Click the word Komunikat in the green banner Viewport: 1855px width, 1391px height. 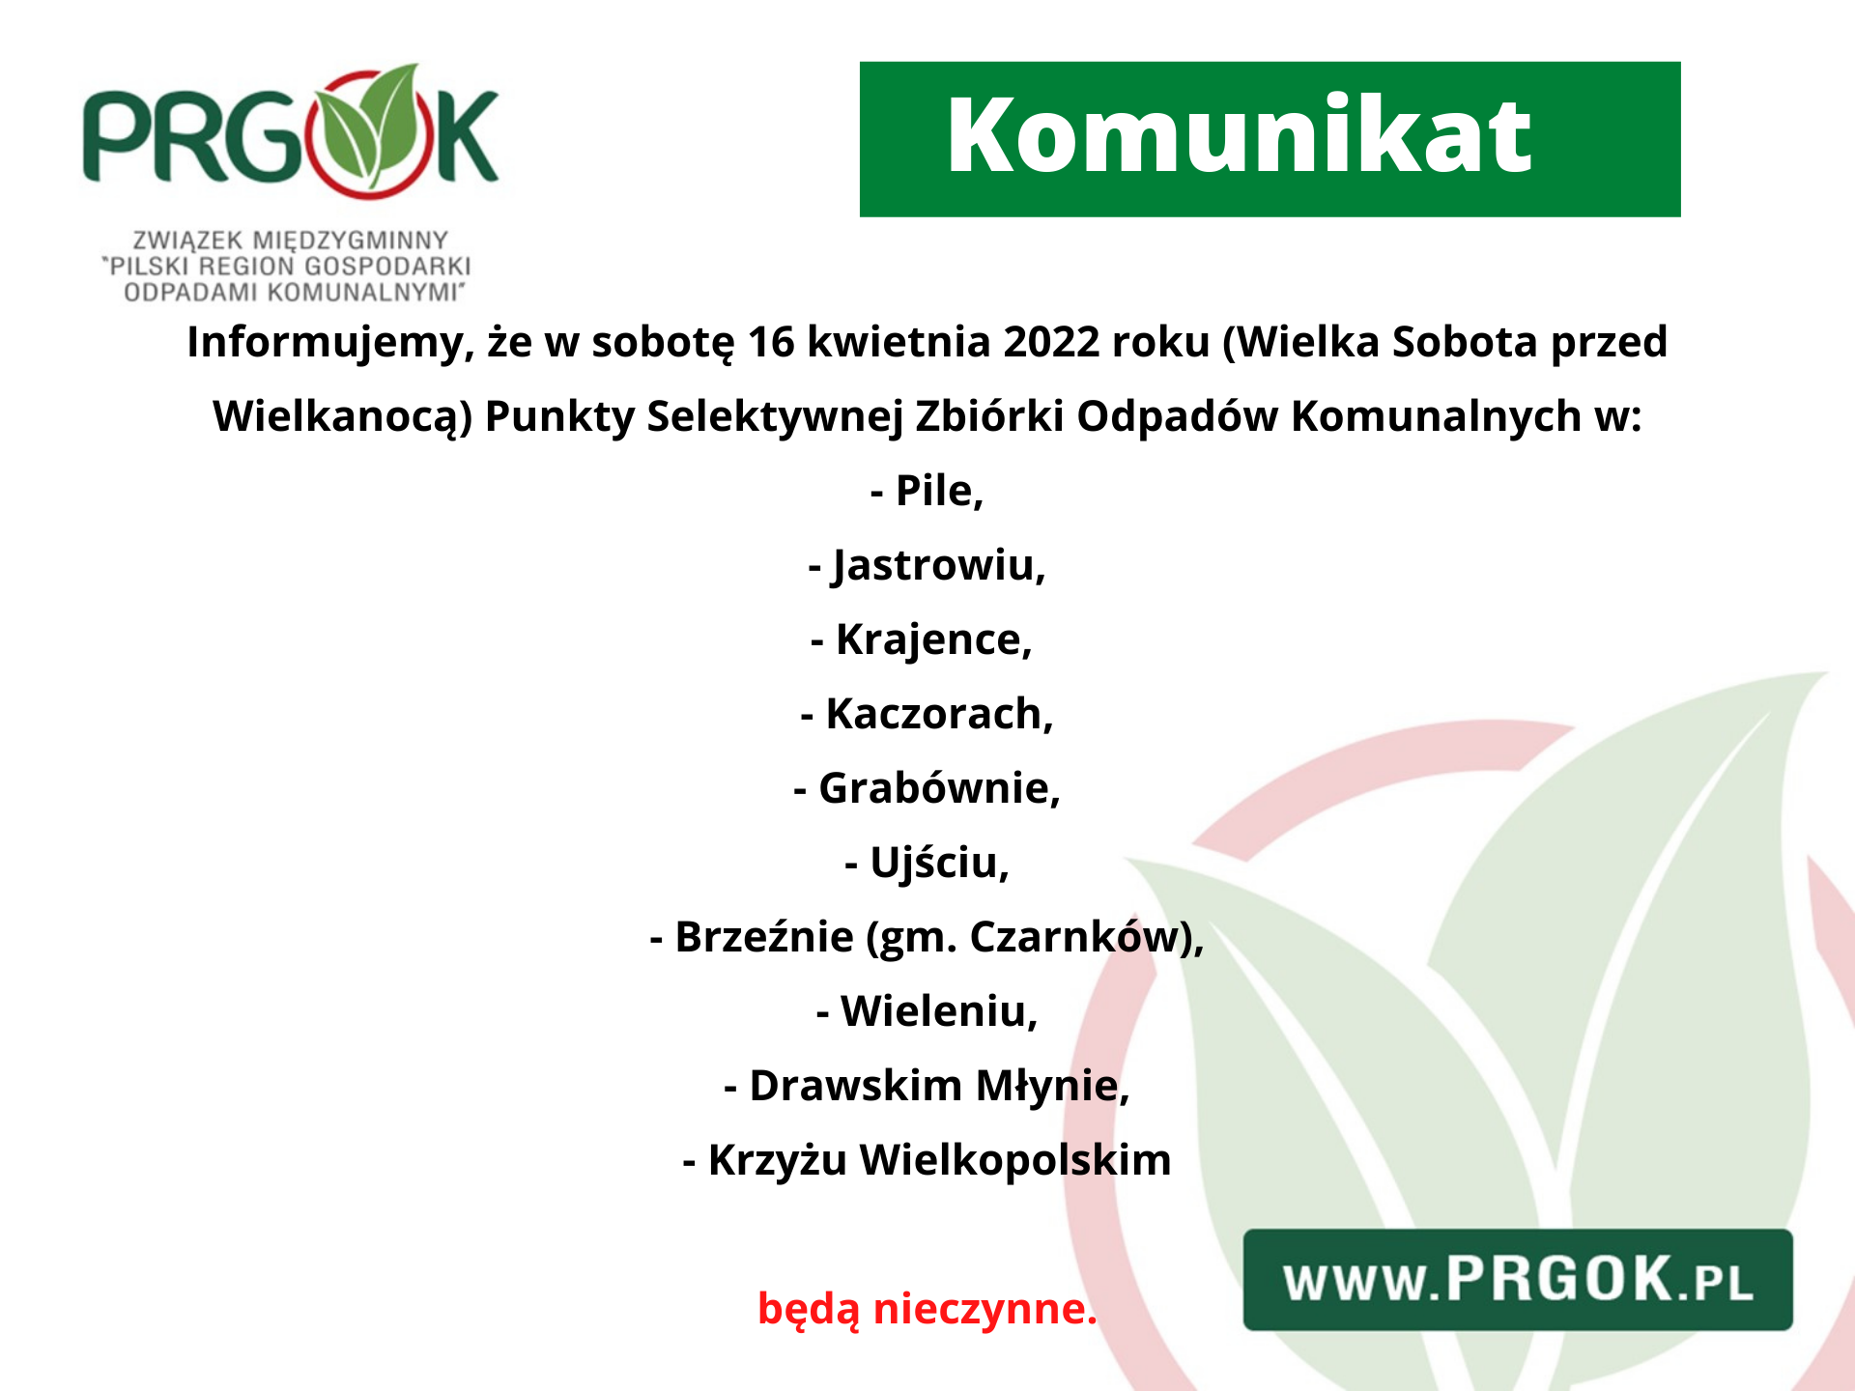(1239, 137)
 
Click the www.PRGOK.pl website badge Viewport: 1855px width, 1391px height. (1517, 1279)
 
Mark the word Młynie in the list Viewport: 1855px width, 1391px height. (1051, 1086)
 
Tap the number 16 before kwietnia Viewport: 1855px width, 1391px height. (770, 342)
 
